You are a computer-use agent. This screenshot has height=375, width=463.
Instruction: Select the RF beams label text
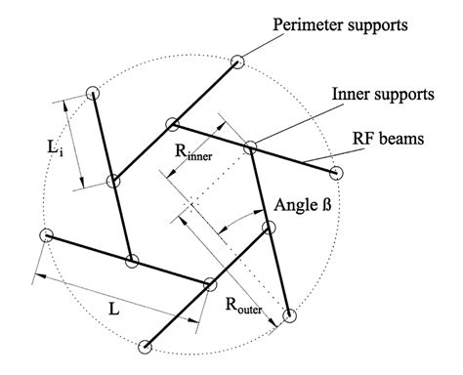[390, 139]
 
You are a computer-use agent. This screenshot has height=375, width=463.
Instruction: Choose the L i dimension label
[58, 149]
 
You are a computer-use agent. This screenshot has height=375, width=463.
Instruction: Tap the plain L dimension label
[114, 309]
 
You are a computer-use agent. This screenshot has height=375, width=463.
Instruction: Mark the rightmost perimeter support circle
[339, 174]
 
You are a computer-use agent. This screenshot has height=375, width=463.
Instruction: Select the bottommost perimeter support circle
[147, 345]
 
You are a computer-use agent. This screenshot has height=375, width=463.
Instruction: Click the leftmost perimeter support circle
[45, 235]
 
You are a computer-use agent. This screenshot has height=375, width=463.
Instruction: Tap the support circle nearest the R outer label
[289, 315]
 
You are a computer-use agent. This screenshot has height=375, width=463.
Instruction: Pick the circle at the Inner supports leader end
[250, 148]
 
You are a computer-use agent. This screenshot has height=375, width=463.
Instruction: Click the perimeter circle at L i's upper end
[92, 93]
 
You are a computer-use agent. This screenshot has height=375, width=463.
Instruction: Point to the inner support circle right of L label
[209, 285]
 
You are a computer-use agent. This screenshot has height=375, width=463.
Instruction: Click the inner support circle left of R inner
[173, 124]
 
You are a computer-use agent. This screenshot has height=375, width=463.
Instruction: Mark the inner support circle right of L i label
[113, 181]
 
